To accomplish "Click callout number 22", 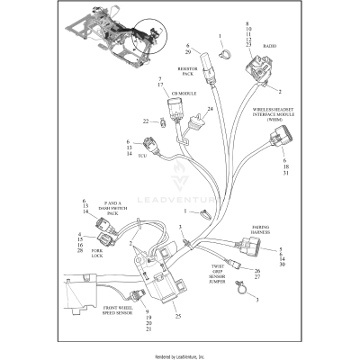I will (145, 120).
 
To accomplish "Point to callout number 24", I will (209, 110).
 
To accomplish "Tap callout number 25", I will (178, 316).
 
